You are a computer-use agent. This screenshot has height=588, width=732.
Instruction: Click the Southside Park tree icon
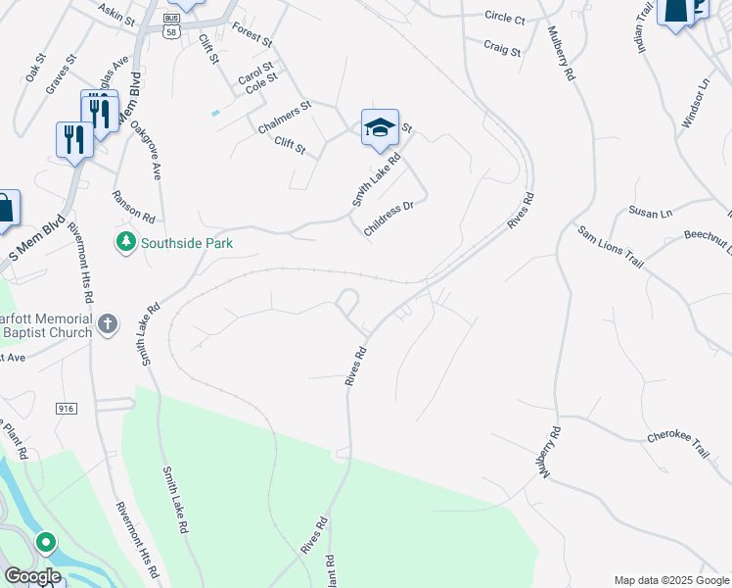point(125,242)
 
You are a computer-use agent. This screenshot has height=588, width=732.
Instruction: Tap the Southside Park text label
point(187,243)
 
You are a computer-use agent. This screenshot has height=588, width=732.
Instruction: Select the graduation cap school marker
point(380,127)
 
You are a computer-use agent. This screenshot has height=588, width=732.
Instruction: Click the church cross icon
point(108,322)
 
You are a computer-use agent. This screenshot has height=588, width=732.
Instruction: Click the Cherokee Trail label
point(676,441)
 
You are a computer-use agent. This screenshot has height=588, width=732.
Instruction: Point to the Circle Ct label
point(505,18)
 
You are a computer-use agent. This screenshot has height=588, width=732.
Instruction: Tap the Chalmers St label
point(284,116)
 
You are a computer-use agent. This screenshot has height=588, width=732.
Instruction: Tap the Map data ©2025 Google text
point(671,580)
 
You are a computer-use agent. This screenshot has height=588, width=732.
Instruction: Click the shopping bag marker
point(6,208)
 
